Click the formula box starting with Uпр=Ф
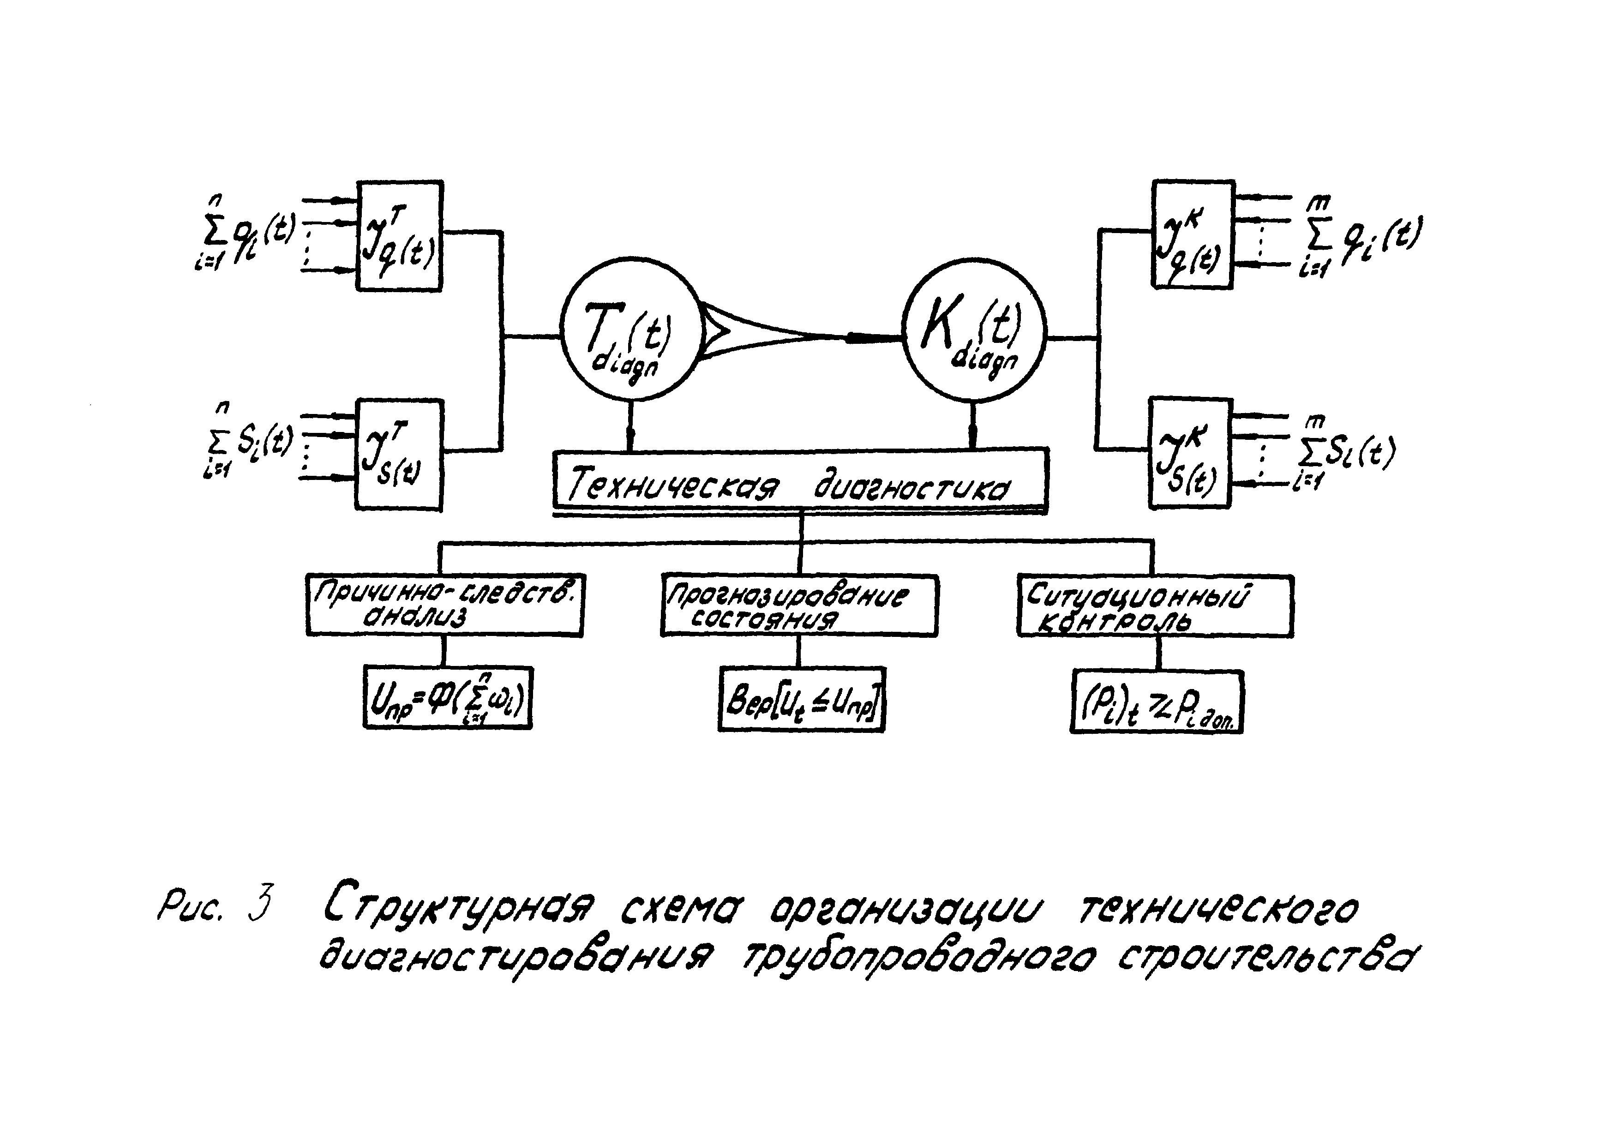click(448, 698)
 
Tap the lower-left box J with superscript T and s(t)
click(399, 455)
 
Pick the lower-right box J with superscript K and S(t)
click(1190, 453)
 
